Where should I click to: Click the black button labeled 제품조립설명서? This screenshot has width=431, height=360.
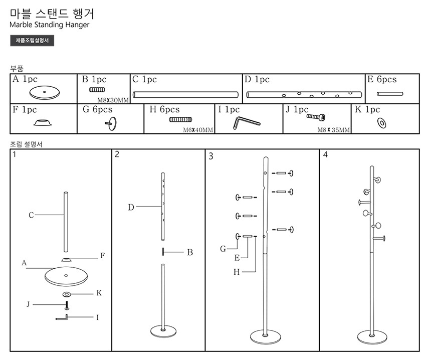[32, 41]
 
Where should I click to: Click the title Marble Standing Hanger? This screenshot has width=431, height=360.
[50, 25]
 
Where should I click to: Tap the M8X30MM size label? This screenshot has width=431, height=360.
[113, 100]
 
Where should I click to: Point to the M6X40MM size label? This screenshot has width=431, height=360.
[198, 130]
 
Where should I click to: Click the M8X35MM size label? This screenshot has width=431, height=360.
[334, 129]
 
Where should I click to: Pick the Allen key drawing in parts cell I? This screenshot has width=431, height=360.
[246, 122]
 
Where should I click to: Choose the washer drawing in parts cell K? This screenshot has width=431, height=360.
[381, 122]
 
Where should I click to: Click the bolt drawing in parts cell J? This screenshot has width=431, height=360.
[316, 117]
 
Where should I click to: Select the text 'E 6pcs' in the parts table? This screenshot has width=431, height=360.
[381, 80]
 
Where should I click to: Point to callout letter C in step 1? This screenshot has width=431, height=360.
[31, 215]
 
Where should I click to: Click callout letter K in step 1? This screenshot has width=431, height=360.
[99, 293]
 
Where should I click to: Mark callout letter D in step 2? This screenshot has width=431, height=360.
[131, 207]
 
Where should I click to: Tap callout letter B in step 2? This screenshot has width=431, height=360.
[190, 252]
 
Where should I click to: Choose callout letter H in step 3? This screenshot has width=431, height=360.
[236, 272]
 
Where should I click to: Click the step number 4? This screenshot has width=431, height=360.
[325, 154]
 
